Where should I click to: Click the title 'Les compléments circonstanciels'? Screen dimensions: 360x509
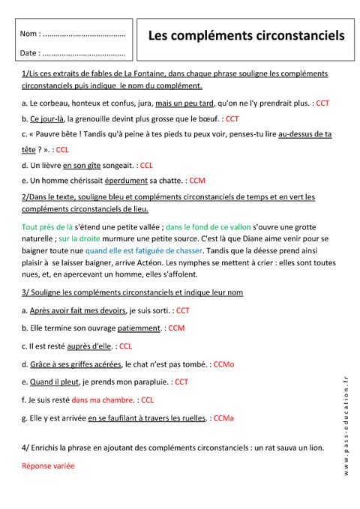click(x=247, y=34)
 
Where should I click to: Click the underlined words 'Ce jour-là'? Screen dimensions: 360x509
click(x=46, y=118)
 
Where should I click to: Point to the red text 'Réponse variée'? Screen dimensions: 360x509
click(x=48, y=466)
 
